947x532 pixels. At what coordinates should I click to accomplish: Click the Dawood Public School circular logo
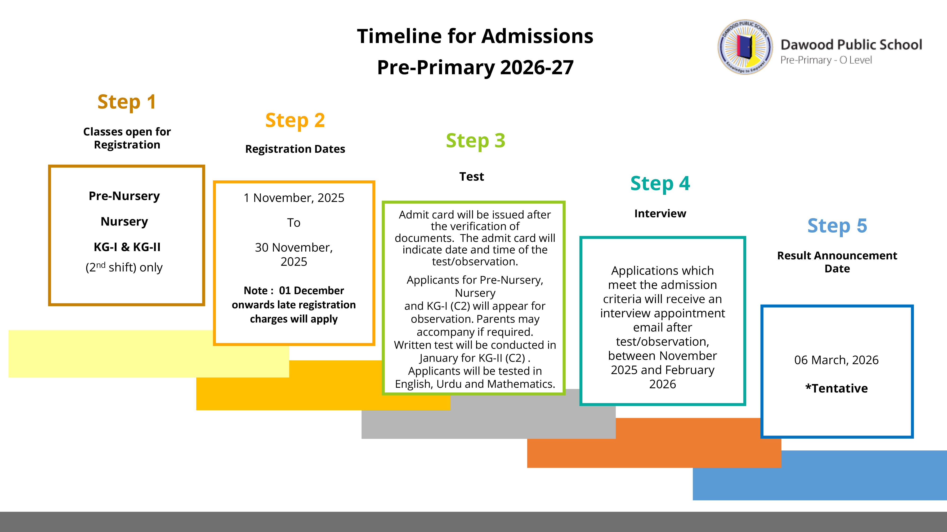[745, 47]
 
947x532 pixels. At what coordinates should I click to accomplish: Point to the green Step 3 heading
[475, 141]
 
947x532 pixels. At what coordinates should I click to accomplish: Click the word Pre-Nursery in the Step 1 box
[124, 196]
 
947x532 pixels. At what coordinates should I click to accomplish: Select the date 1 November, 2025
[294, 198]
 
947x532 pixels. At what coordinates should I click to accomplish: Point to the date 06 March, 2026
[836, 360]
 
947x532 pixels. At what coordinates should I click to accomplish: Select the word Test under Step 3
[472, 177]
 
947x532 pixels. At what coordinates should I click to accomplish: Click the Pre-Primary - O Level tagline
[826, 60]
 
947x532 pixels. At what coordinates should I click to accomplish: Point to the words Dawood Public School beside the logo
[851, 45]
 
